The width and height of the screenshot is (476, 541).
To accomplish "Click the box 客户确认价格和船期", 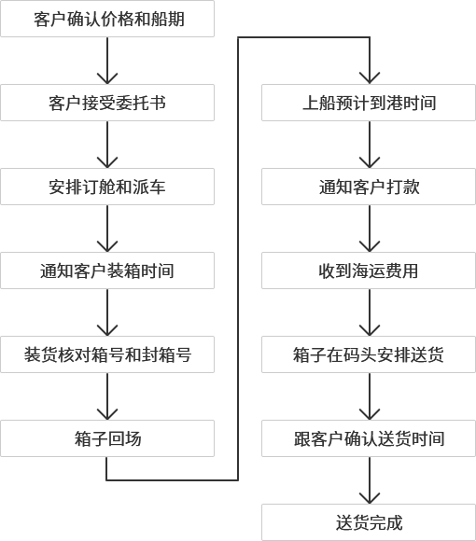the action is tap(107, 19).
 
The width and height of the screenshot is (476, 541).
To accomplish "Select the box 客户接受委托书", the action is tap(107, 103).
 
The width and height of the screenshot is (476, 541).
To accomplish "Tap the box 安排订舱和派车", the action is tap(107, 187).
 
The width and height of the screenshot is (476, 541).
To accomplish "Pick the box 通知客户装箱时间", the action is tap(107, 270).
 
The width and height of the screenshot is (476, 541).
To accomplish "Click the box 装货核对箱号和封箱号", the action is tap(107, 354).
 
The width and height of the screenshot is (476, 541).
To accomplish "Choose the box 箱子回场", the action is tap(107, 438).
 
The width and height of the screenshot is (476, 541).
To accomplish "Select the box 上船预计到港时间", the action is tap(369, 103).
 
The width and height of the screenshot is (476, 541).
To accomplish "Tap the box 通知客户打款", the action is tap(369, 187).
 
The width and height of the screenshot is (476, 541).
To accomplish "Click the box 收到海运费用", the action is tap(369, 270).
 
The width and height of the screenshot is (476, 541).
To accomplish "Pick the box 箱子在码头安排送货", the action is tap(369, 354).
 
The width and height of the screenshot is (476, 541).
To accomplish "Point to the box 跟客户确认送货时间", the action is tap(369, 438).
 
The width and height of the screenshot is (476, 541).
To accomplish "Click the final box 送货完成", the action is tap(369, 522).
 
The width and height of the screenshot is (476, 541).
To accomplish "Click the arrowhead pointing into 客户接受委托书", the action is tap(107, 79).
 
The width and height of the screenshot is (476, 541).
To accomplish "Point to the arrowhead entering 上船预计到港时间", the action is tap(370, 79).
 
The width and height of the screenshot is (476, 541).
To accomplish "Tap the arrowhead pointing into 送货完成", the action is tap(370, 499).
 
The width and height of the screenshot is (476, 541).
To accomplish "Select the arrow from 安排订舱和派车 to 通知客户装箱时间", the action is tap(107, 229).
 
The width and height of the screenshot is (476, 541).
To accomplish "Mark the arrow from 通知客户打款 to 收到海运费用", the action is tap(370, 229).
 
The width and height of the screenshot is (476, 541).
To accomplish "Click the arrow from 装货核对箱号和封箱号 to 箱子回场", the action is tap(107, 396).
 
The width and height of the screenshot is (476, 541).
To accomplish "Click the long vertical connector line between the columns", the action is tap(238, 258).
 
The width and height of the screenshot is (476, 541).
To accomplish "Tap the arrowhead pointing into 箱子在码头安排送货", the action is tap(370, 331).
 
